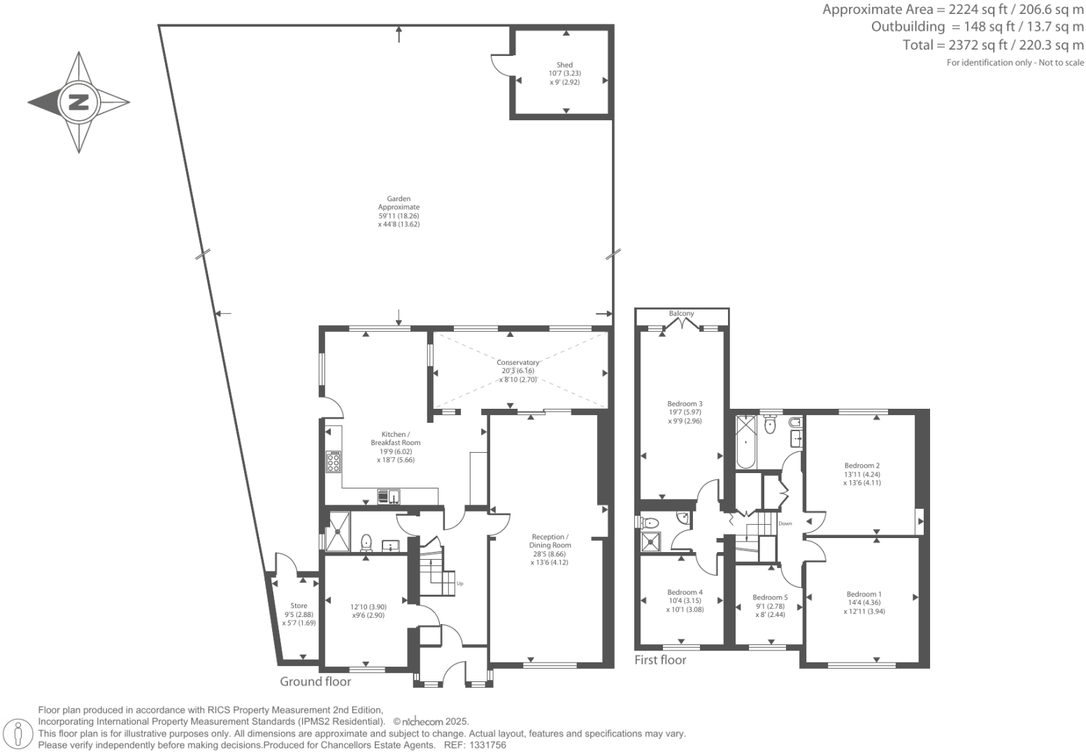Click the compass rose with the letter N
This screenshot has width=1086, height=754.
pos(78,102)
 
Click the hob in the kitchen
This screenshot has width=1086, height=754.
pos(334,462)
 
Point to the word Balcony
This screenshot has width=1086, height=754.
pos(681,314)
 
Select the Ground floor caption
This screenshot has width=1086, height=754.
pos(315,681)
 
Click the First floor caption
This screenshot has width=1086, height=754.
pos(660,660)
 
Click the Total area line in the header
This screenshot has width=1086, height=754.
pos(993,45)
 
